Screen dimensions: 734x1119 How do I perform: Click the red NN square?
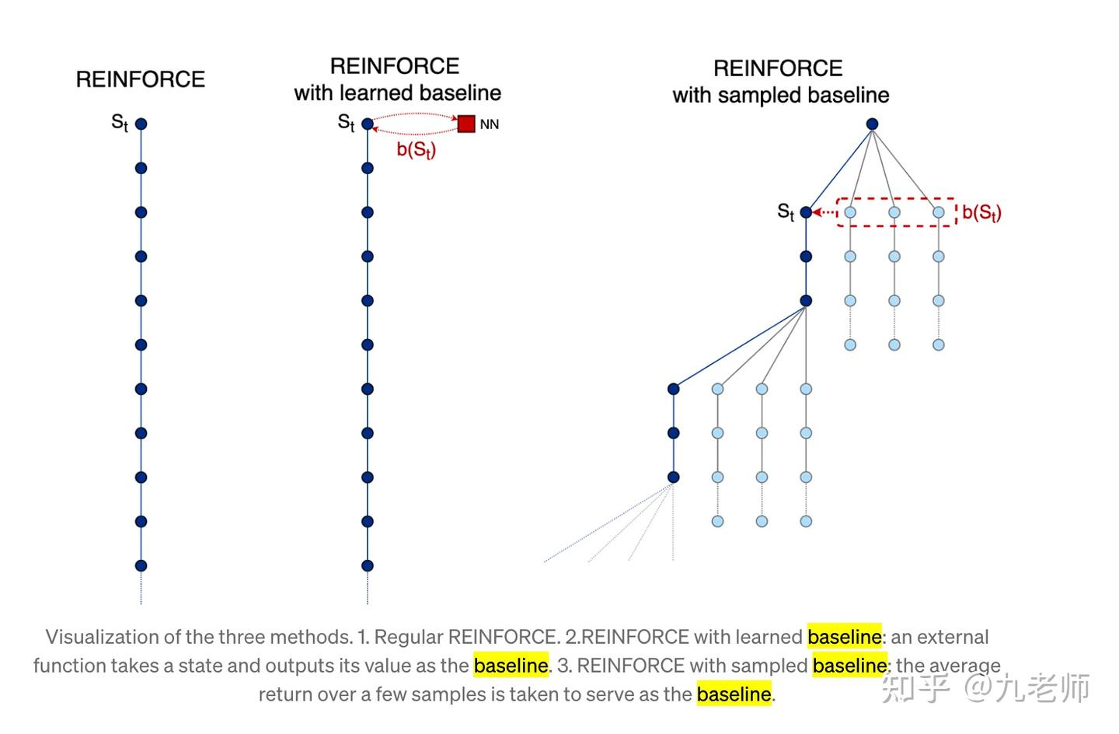(466, 124)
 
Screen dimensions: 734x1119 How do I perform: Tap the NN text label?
(490, 124)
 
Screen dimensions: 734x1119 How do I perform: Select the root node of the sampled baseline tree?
(872, 124)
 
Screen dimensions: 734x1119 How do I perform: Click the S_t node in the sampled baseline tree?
(806, 212)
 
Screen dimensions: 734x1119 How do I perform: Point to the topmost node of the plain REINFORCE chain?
(141, 124)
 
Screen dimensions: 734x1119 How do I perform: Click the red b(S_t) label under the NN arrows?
(417, 149)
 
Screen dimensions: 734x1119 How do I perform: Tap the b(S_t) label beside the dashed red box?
(981, 212)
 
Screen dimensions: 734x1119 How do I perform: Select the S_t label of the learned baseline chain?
(346, 122)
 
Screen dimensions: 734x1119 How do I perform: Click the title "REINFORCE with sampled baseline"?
(779, 82)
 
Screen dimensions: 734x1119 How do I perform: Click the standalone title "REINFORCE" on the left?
(141, 79)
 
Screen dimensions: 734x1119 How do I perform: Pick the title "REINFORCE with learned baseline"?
(397, 79)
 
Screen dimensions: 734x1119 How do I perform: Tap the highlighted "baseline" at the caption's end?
(734, 694)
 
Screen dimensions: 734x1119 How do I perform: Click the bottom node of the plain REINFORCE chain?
(141, 565)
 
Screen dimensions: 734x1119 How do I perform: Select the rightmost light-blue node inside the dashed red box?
(939, 212)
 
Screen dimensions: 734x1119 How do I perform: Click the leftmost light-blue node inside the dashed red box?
(850, 212)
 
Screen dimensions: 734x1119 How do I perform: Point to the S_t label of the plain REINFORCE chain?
(119, 122)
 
